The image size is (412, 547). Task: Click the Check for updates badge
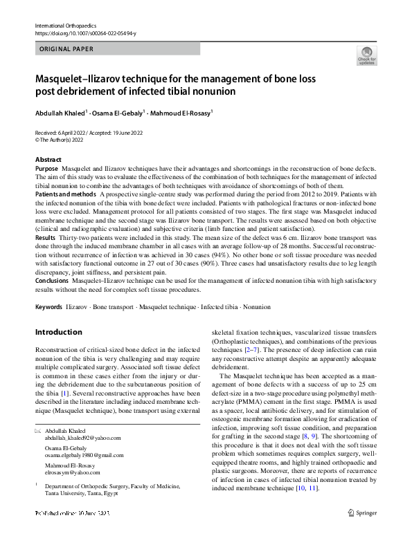pos(366,55)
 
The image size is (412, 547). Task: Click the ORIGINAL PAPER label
pos(66,49)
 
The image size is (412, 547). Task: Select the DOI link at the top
pos(85,33)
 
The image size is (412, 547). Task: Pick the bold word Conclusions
pos(53,281)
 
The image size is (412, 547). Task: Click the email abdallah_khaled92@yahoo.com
pos(82,438)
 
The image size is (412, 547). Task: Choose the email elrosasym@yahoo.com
pos(73,472)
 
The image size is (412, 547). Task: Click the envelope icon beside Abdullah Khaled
pos(38,431)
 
